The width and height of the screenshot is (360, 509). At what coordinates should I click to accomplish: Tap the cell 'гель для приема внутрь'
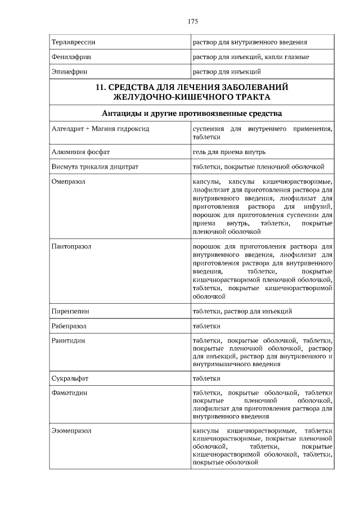[229, 152]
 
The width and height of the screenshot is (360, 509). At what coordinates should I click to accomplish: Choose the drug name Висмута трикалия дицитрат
[94, 166]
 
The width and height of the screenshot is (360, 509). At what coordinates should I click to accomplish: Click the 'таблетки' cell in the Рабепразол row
[206, 326]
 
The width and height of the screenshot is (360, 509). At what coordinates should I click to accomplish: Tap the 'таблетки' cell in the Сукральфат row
[206, 379]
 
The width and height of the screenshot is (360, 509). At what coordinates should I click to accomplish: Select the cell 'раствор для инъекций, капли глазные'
[251, 57]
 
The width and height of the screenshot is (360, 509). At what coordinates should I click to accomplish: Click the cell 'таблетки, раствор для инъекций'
[242, 311]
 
